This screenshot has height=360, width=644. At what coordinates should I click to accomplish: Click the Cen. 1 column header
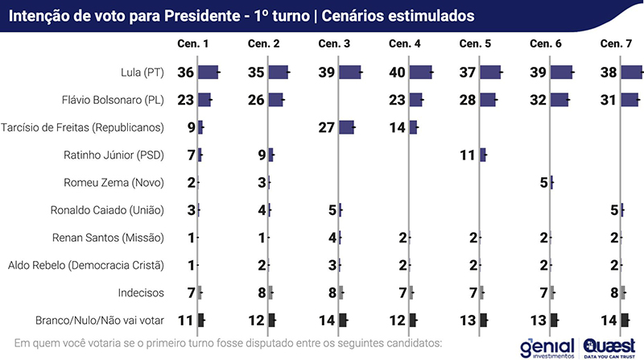pyautogui.click(x=194, y=43)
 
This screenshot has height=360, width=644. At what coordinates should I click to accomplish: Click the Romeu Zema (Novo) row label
pyautogui.click(x=114, y=183)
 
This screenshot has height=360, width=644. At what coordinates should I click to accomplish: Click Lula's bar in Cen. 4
pyautogui.click(x=420, y=72)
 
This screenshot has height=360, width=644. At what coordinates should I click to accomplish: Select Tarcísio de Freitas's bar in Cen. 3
pyautogui.click(x=346, y=127)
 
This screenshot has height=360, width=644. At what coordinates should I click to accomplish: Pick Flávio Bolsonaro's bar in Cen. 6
pyautogui.click(x=554, y=100)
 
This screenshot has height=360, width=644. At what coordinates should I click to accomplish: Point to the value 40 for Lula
pyautogui.click(x=398, y=72)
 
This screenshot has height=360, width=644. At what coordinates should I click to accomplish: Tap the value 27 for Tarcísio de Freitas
pyautogui.click(x=327, y=127)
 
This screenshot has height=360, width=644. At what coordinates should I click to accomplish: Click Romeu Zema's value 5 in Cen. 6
pyautogui.click(x=543, y=183)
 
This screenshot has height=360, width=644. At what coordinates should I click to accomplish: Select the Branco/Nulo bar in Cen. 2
pyautogui.click(x=272, y=320)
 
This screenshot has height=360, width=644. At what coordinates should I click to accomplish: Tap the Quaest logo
pyautogui.click(x=609, y=346)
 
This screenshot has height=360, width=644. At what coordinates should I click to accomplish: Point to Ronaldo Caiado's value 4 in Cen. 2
pyautogui.click(x=262, y=210)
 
